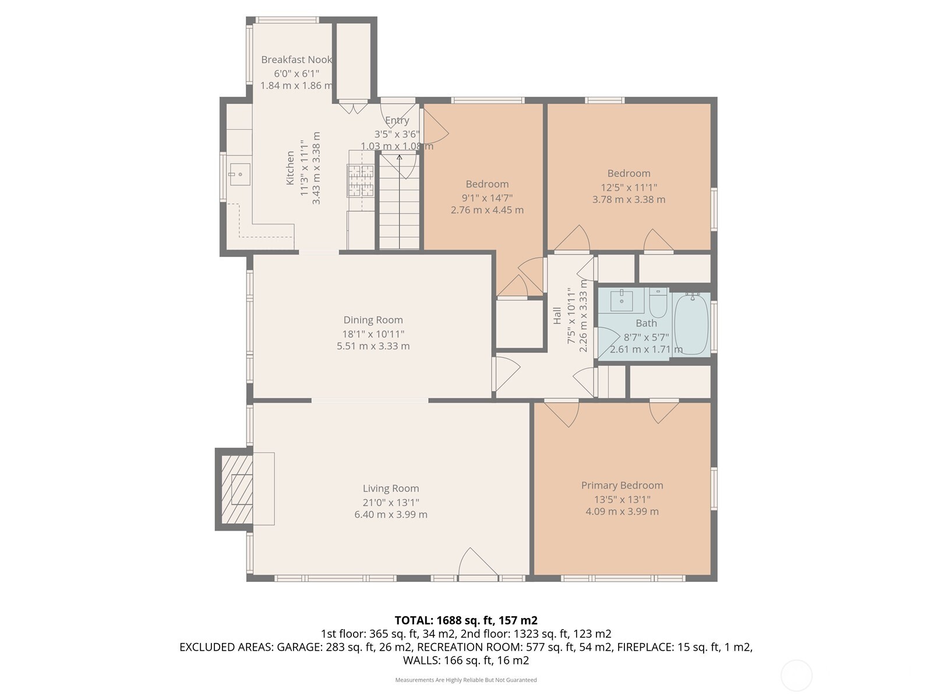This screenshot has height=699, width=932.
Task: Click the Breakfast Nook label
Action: pos(296,59)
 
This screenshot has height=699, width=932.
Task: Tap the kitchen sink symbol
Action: pos(239,174)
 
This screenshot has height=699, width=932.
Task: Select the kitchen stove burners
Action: pos(361,180)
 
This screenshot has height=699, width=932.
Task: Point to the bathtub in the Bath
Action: pos(691,324)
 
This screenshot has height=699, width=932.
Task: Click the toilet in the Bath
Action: pos(658,302)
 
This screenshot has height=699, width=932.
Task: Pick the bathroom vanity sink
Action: pos(622,301)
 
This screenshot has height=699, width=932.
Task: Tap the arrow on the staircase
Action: pos(400,157)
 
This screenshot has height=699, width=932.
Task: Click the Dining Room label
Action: pos(373,320)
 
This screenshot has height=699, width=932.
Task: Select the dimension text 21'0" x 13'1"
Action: pos(390,502)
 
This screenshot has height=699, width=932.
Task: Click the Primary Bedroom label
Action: pos(622,485)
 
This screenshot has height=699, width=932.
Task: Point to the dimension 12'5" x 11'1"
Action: pos(629,187)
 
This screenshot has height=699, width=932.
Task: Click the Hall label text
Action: pos(557,316)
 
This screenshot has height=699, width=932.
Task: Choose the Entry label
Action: pos(397,121)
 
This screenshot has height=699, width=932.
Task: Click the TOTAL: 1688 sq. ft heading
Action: pos(465,620)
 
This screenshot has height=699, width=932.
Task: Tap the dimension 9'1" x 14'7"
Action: pos(487,198)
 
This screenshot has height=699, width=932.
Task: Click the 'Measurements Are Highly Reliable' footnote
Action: pos(465,680)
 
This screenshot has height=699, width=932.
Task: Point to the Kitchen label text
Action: pos(290,168)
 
